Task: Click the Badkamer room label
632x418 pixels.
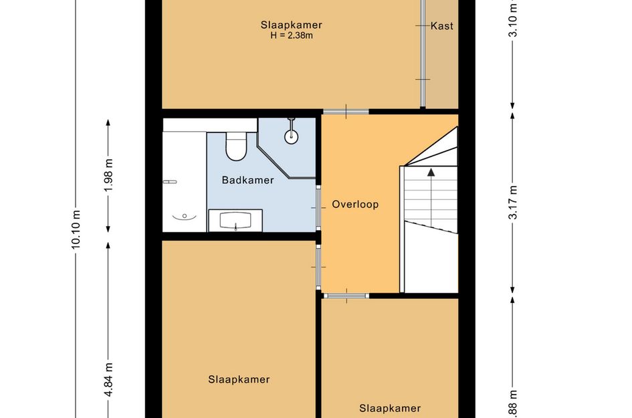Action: pyautogui.click(x=247, y=180)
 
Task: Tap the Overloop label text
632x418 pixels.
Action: pyautogui.click(x=355, y=205)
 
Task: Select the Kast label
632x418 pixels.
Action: pyautogui.click(x=442, y=26)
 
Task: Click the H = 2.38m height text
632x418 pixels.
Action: pyautogui.click(x=292, y=35)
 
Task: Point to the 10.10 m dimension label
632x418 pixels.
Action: pyautogui.click(x=76, y=229)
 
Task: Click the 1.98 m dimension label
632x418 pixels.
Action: pyautogui.click(x=108, y=176)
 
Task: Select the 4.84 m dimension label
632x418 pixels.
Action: pyautogui.click(x=108, y=380)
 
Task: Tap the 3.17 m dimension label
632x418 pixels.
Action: pyautogui.click(x=513, y=202)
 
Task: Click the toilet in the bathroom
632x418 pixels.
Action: pyautogui.click(x=236, y=146)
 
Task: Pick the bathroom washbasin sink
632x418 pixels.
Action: pyautogui.click(x=235, y=221)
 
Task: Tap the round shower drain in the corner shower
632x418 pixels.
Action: pyautogui.click(x=292, y=136)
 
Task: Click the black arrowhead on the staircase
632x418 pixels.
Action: pyautogui.click(x=431, y=172)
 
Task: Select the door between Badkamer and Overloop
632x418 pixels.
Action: pyautogui.click(x=318, y=207)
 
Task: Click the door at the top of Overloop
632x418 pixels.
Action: pyautogui.click(x=346, y=112)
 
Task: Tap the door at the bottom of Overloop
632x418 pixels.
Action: pyautogui.click(x=346, y=296)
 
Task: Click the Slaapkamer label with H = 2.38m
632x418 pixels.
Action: pyautogui.click(x=292, y=25)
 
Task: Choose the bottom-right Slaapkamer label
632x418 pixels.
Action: pyautogui.click(x=390, y=409)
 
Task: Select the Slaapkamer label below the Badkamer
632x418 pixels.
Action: pyautogui.click(x=239, y=379)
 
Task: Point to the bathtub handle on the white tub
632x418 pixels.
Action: pyautogui.click(x=170, y=182)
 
